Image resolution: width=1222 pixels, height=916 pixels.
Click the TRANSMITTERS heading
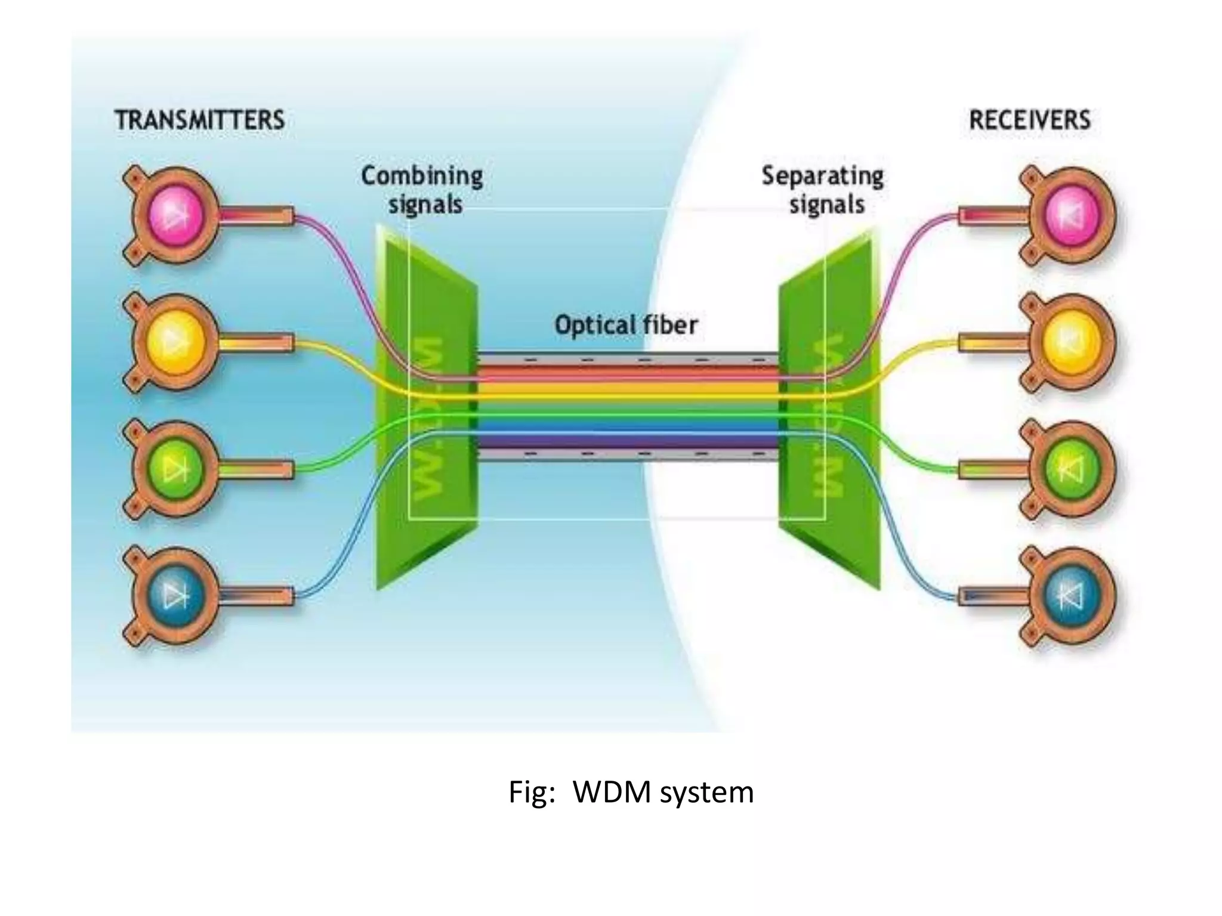[x=199, y=120]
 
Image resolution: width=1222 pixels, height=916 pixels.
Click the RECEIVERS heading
[x=1029, y=120]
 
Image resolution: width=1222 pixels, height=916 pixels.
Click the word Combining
[x=422, y=177]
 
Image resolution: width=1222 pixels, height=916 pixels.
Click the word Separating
[x=822, y=177]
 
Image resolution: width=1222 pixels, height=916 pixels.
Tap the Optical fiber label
[x=626, y=326]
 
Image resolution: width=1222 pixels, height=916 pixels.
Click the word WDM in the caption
[x=612, y=793]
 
